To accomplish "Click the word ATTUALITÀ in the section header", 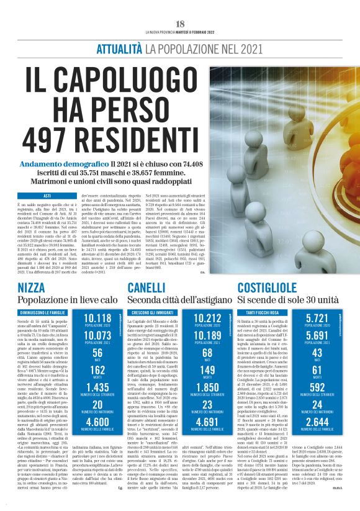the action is click(x=120, y=48).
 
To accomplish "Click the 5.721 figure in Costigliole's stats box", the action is click(x=318, y=319).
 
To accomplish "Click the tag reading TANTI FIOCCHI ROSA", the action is click(x=268, y=311).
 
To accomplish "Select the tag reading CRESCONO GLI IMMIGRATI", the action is click(x=151, y=311).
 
